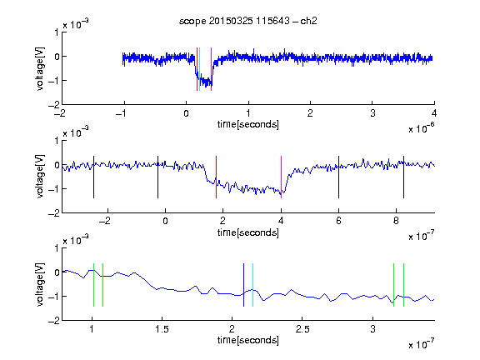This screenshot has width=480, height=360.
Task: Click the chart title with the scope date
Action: [248, 21]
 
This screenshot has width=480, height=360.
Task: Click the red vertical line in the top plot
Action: [197, 69]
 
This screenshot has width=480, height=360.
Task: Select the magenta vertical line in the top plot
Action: [211, 69]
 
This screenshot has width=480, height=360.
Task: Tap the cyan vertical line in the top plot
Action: [200, 69]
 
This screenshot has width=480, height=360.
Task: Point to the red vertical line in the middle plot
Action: [216, 177]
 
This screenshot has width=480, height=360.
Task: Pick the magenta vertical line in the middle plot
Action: [282, 177]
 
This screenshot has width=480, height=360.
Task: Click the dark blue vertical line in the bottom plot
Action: [243, 285]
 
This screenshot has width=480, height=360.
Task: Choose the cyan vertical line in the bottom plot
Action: [252, 285]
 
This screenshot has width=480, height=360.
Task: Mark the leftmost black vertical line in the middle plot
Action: [93, 177]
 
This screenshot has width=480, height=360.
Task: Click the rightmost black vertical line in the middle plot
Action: [404, 177]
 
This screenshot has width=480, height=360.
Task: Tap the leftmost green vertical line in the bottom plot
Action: [93, 285]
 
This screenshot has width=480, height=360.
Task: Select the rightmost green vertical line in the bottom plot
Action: [404, 285]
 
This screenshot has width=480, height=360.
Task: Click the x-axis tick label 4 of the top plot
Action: [434, 113]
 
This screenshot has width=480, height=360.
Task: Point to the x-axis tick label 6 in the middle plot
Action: [338, 221]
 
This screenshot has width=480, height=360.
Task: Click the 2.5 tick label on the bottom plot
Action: [302, 329]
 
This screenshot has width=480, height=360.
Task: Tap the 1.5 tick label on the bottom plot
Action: [162, 329]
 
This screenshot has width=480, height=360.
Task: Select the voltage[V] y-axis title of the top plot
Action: [40, 68]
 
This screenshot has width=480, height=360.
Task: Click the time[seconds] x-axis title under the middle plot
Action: [248, 232]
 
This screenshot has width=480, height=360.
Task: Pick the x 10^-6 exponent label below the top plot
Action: [422, 128]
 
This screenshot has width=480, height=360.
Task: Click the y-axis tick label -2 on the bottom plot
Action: [54, 321]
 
